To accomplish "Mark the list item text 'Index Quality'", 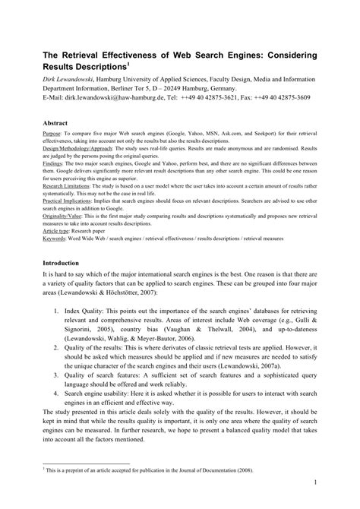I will [96, 311].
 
